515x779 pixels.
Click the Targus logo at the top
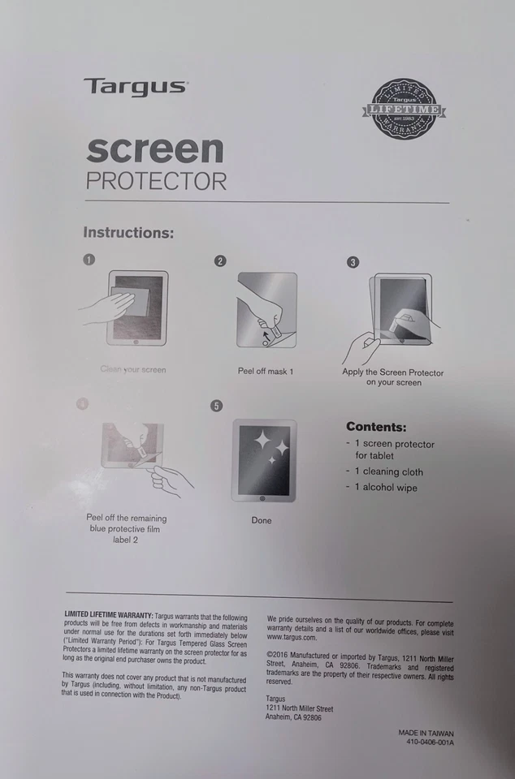pos(135,87)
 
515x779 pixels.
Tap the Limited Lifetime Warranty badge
pos(404,109)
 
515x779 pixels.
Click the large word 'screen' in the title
pos(154,150)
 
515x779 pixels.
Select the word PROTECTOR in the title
pos(156,181)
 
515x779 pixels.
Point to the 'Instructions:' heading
pos(128,233)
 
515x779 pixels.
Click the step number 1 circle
pos(89,260)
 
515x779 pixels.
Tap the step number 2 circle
pos(219,260)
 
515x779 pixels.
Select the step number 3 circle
pos(353,262)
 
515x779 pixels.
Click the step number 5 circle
pos(216,406)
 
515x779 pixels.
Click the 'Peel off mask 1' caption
pos(266,371)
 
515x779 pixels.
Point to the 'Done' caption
pos(262,520)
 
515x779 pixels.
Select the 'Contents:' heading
pos(376,427)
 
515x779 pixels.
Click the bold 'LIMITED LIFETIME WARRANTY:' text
pos(108,618)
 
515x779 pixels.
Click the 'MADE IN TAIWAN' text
pos(426,733)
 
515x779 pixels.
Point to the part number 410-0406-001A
pos(430,742)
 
